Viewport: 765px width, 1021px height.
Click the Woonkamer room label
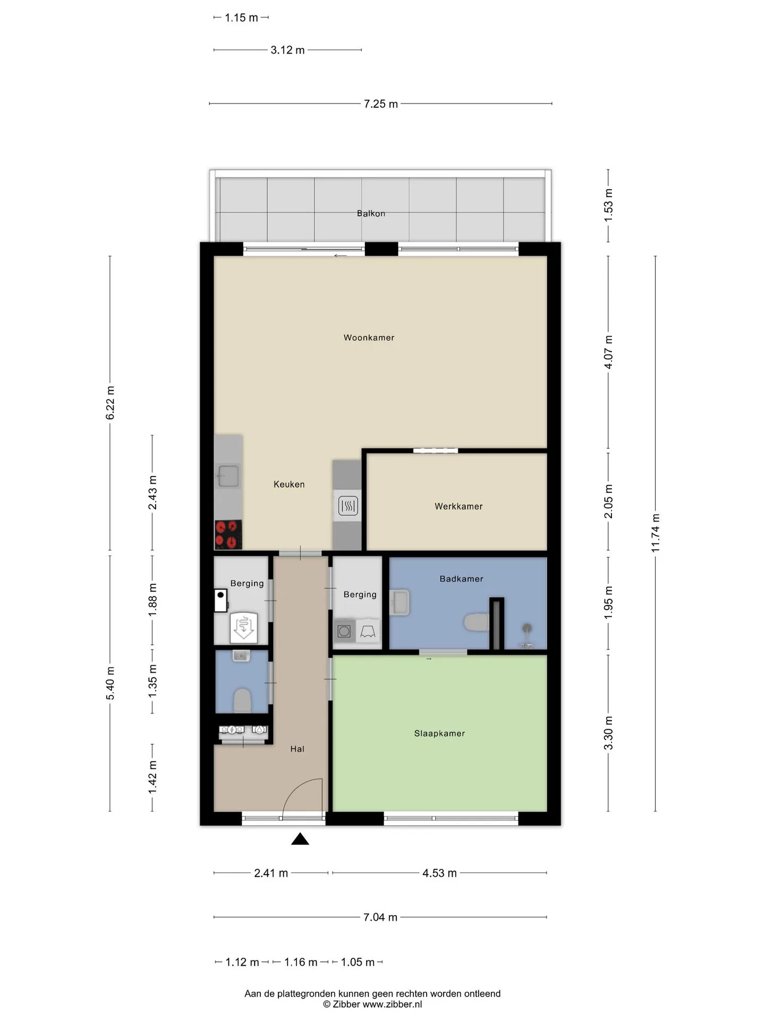[369, 338]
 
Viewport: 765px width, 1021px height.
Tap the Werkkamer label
[458, 506]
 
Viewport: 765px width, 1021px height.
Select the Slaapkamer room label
[439, 733]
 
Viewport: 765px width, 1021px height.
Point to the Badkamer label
[461, 579]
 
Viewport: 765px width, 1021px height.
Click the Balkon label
[371, 213]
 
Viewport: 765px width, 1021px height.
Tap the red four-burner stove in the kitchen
[228, 534]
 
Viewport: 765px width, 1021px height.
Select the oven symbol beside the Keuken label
[348, 505]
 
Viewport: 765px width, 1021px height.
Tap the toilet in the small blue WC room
[242, 700]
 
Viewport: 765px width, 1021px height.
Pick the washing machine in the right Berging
[344, 631]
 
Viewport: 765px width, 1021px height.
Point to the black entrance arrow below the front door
[300, 839]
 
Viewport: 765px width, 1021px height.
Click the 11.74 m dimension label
[656, 533]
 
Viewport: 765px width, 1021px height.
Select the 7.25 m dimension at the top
[381, 104]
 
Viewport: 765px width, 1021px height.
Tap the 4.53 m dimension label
[439, 873]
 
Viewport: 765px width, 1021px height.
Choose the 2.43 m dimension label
[152, 492]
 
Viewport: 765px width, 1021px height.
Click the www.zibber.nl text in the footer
[392, 1005]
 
